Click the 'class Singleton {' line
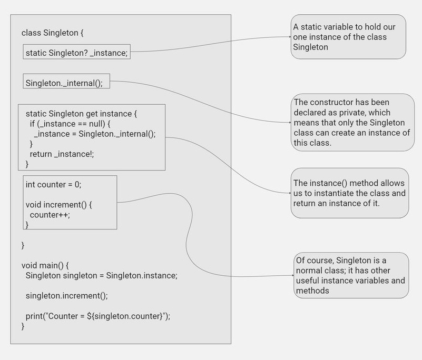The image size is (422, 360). click(53, 33)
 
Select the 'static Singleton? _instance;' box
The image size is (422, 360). click(76, 53)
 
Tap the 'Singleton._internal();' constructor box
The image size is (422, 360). click(67, 83)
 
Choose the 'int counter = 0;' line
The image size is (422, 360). click(54, 185)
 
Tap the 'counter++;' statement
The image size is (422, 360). click(50, 215)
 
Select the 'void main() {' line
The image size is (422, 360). click(45, 265)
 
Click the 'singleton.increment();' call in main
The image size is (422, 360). click(66, 296)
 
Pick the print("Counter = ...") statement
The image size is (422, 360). click(98, 316)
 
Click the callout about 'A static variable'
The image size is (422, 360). click(348, 37)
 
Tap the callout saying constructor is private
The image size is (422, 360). click(352, 122)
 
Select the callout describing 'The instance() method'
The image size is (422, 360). click(350, 193)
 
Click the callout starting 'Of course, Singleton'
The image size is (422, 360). click(351, 275)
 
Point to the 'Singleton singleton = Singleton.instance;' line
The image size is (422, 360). click(101, 275)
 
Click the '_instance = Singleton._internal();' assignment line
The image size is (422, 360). click(95, 134)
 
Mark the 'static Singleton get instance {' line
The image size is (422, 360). click(81, 114)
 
